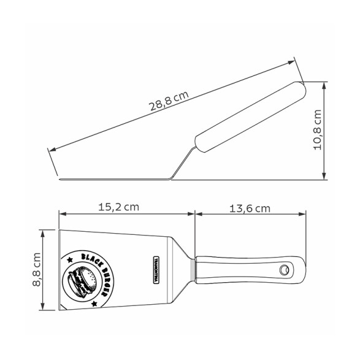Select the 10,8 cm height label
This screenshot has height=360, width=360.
click(x=318, y=130)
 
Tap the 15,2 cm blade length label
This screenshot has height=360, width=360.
click(x=119, y=207)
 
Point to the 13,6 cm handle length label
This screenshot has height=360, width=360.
click(x=250, y=209)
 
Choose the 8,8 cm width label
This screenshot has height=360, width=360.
click(x=37, y=270)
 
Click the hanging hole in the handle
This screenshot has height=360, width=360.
click(x=284, y=270)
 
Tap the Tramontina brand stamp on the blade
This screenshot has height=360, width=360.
click(x=156, y=270)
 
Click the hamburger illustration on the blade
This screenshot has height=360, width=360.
click(x=82, y=280)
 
